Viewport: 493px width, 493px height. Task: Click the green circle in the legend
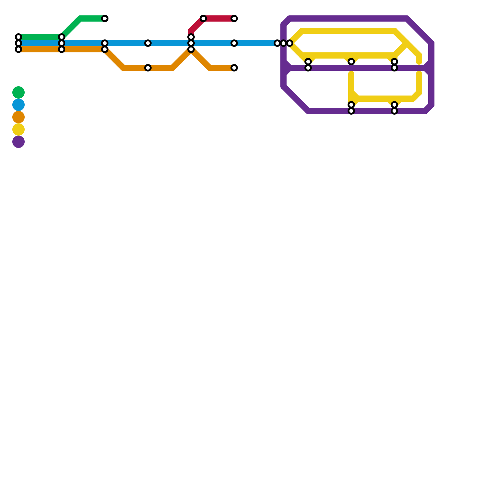coord(18,92)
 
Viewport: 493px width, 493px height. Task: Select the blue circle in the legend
coord(18,105)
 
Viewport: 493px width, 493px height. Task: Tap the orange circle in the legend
coord(18,117)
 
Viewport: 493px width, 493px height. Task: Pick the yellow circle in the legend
coord(18,129)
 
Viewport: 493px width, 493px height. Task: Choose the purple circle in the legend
coord(18,142)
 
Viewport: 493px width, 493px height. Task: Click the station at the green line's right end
coord(105,18)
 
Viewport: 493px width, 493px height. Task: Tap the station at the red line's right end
coord(234,18)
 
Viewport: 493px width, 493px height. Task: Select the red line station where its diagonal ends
coord(203,18)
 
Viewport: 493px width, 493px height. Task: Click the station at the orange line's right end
coord(234,68)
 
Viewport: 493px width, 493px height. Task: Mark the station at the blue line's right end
coord(277,43)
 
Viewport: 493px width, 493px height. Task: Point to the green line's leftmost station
coord(18,37)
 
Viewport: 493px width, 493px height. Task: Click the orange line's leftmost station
coord(18,49)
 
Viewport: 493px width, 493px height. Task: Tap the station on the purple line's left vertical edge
coord(283,43)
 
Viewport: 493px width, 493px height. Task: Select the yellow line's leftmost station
coord(290,43)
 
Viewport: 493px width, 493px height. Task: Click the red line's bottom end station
coord(191,37)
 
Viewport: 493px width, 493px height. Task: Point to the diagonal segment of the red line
coord(197,25)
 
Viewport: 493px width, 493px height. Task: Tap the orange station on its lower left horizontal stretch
coord(148,68)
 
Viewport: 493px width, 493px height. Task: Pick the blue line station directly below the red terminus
coord(234,43)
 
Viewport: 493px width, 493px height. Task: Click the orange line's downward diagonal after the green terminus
coord(114,59)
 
